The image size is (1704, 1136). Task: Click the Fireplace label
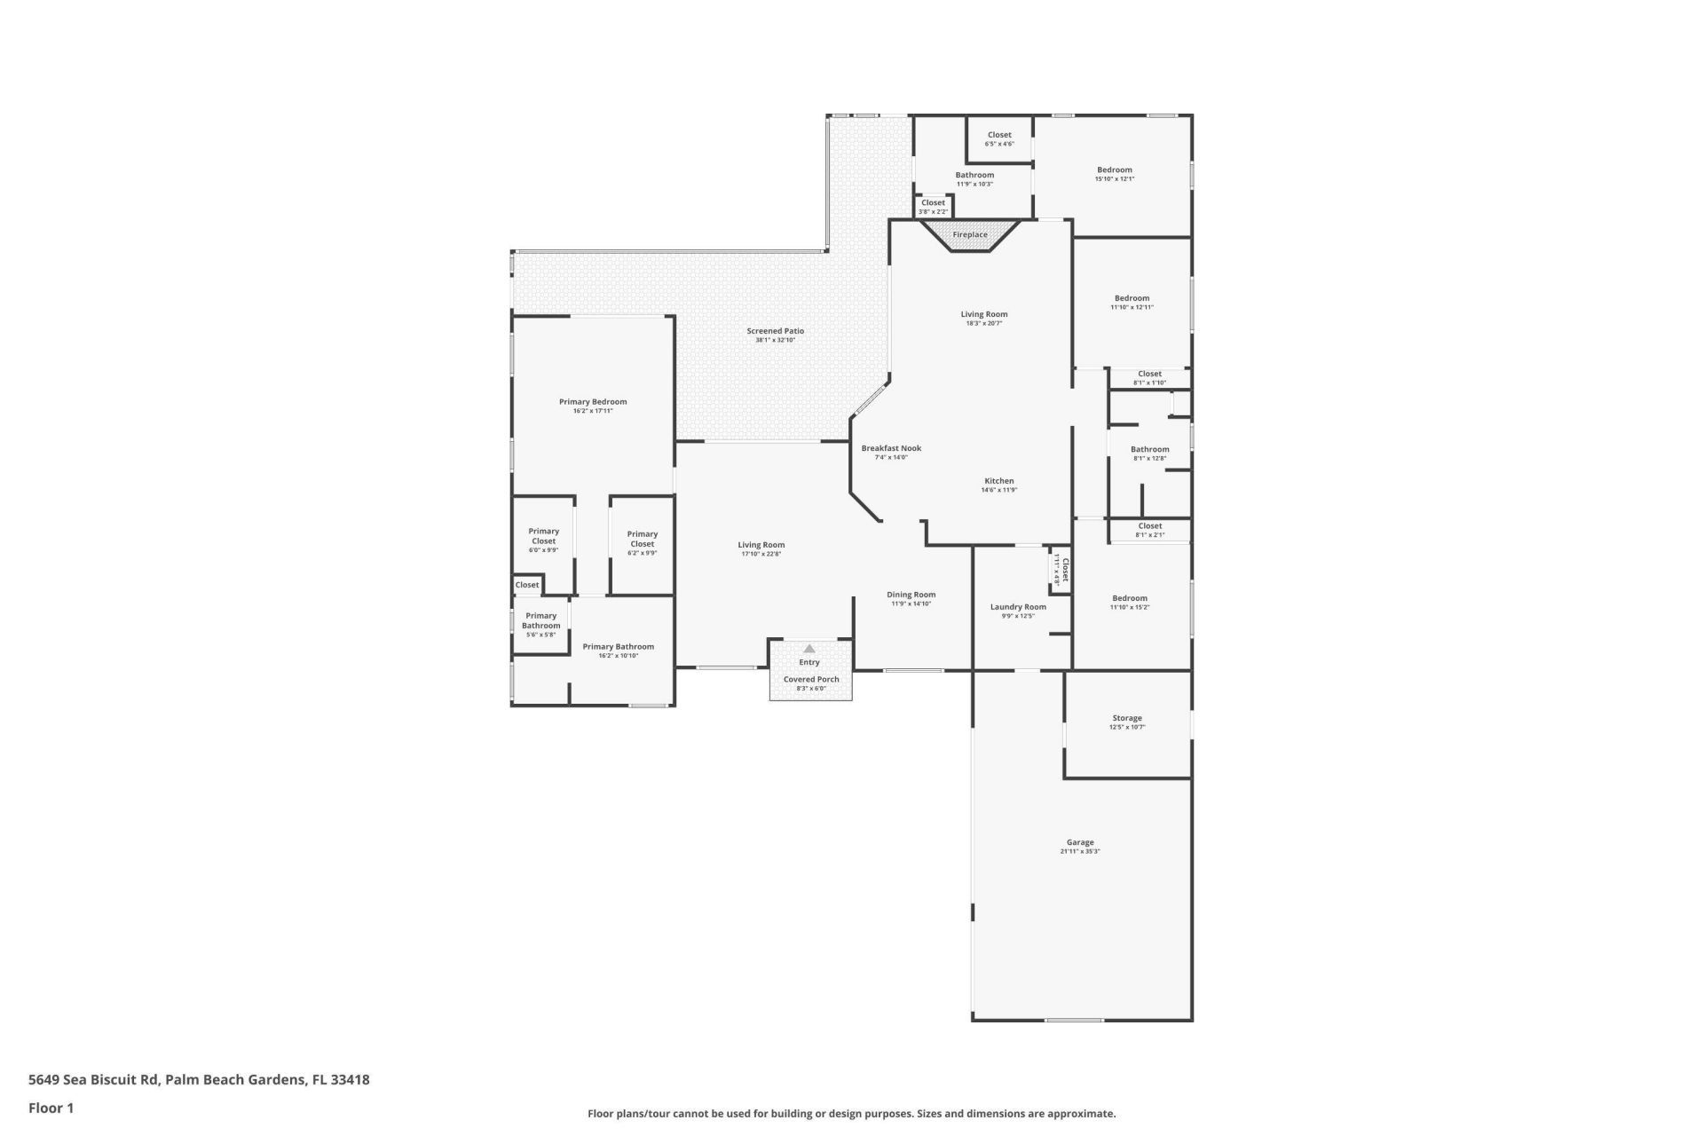coord(970,235)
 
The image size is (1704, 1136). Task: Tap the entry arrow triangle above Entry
coord(809,649)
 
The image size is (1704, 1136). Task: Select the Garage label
coord(1080,842)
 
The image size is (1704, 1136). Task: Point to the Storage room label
coord(1127,718)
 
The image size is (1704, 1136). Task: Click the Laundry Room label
coord(1018,607)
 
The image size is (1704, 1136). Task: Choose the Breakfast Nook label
coord(891,448)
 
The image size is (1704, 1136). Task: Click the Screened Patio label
coord(775,331)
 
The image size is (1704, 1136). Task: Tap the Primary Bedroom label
coord(593,402)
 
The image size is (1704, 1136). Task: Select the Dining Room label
coord(911,595)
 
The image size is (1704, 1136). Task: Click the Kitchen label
coord(998,481)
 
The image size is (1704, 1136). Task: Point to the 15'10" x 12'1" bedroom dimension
coord(1114,179)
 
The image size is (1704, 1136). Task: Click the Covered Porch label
coord(810,679)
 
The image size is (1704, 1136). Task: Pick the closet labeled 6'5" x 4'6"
coord(999,136)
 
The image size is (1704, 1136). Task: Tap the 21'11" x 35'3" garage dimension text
coord(1080,851)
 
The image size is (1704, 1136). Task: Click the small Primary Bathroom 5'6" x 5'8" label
coord(540,620)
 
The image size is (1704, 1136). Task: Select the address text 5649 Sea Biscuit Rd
coord(93,1080)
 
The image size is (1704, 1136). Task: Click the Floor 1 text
coord(51,1108)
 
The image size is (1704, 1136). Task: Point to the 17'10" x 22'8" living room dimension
coord(761,555)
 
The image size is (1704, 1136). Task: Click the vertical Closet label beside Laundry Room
coord(1065,569)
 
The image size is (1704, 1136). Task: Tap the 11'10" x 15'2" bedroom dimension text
coord(1129,608)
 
